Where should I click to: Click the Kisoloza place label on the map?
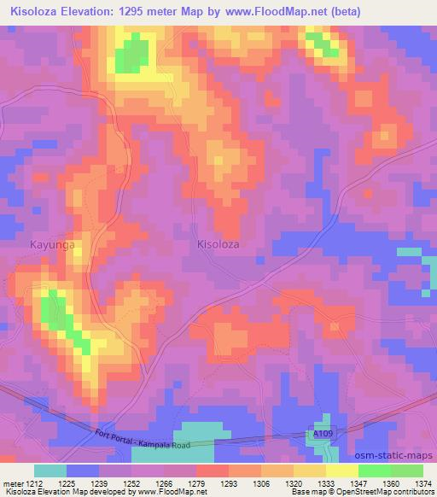pyautogui.click(x=218, y=244)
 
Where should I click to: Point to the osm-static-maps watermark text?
pyautogui.click(x=394, y=459)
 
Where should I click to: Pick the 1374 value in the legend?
pyautogui.click(x=422, y=482)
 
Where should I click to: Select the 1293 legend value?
pyautogui.click(x=229, y=482)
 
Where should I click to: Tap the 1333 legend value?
pyautogui.click(x=325, y=482)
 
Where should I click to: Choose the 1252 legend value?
pyautogui.click(x=131, y=482)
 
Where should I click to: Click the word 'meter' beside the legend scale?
pyautogui.click(x=12, y=482)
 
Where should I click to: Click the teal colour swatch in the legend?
pyautogui.click(x=50, y=471)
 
